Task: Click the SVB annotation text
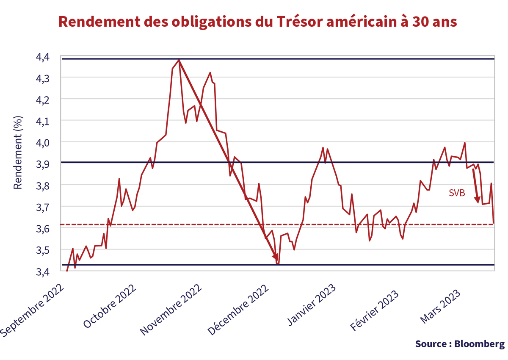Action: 457,193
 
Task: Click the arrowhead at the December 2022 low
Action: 275,257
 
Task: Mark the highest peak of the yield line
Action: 179,60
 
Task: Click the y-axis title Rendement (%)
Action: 18,152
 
